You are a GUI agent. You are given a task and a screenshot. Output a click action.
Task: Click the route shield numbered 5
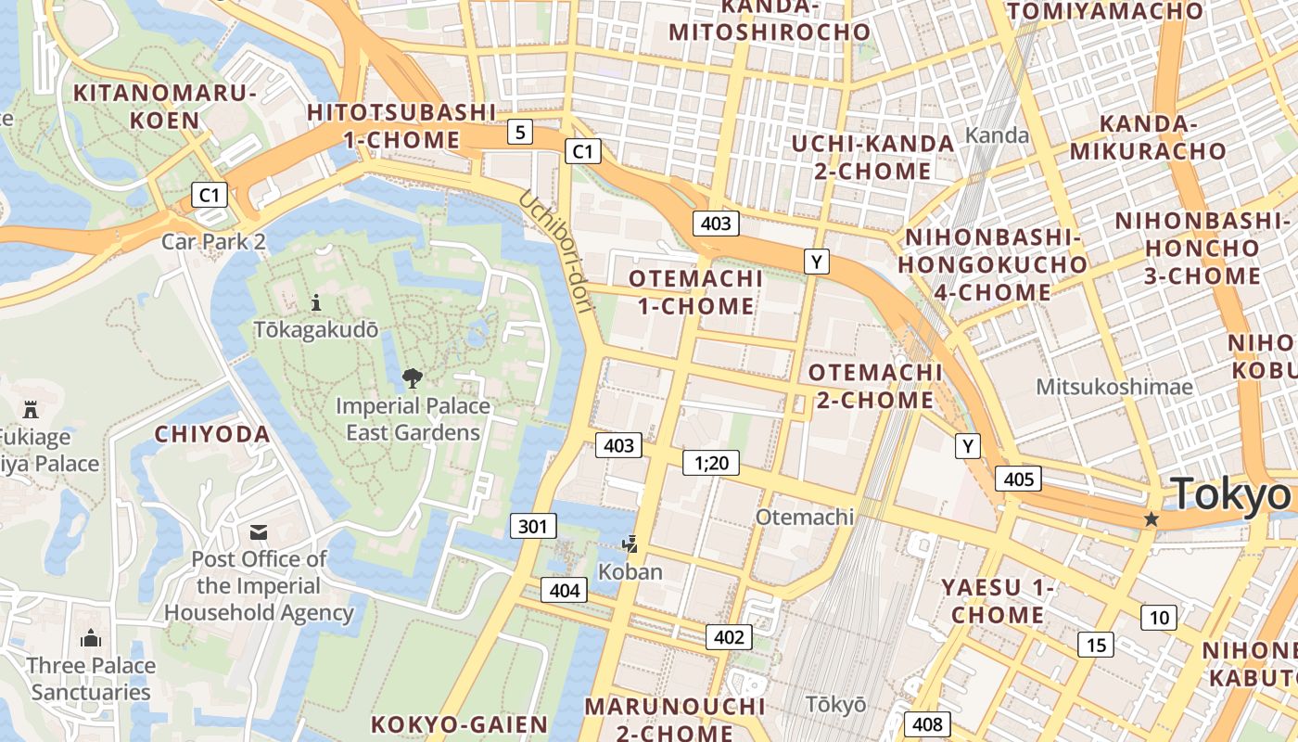[520, 133]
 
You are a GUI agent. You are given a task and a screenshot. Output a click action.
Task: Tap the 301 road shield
[533, 527]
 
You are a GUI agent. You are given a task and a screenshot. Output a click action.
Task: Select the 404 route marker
[565, 590]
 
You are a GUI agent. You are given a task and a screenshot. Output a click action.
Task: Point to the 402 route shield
[729, 636]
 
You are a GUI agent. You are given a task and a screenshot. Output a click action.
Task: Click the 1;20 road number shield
[711, 462]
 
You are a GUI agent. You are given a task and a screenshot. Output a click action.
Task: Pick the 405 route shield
[1018, 479]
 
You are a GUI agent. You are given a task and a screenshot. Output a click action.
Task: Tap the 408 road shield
[927, 724]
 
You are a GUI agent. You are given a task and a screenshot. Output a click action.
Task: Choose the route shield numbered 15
[1096, 645]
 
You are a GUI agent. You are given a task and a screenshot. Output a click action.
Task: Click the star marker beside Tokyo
[1152, 519]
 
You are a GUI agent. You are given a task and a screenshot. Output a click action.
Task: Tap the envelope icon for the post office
[259, 532]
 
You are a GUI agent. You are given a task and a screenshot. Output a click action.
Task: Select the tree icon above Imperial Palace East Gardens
[413, 377]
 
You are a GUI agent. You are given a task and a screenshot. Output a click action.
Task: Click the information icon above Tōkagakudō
[316, 302]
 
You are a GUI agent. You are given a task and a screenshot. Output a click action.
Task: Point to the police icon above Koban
[630, 544]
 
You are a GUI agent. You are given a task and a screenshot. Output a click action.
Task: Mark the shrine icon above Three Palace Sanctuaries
[91, 638]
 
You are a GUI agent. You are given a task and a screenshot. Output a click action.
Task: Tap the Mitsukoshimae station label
[1114, 387]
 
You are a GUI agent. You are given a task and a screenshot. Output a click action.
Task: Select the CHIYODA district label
[212, 434]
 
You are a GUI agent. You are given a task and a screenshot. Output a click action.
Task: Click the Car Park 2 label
[214, 242]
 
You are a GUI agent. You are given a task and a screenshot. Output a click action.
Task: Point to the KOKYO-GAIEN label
[460, 724]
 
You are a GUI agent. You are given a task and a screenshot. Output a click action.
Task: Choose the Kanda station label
[997, 135]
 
